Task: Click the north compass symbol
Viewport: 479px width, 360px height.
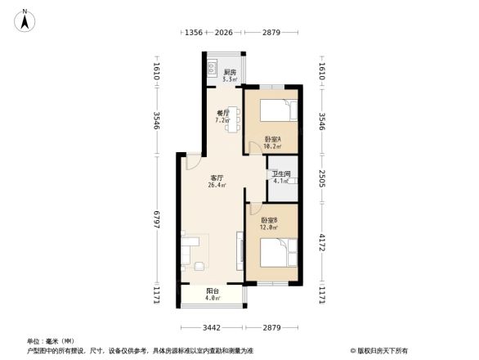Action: pyautogui.click(x=25, y=19)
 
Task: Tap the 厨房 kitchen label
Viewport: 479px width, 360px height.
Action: pyautogui.click(x=230, y=73)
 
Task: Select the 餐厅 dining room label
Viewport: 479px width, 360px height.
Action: pyautogui.click(x=222, y=114)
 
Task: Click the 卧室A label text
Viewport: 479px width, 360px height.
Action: pyautogui.click(x=273, y=139)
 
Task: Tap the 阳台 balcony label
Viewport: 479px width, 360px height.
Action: pyautogui.click(x=211, y=290)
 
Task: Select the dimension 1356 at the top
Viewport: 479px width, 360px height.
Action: pyautogui.click(x=193, y=33)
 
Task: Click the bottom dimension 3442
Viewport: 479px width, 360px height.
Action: pyautogui.click(x=211, y=327)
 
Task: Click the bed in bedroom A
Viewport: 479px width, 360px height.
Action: pyautogui.click(x=281, y=110)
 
